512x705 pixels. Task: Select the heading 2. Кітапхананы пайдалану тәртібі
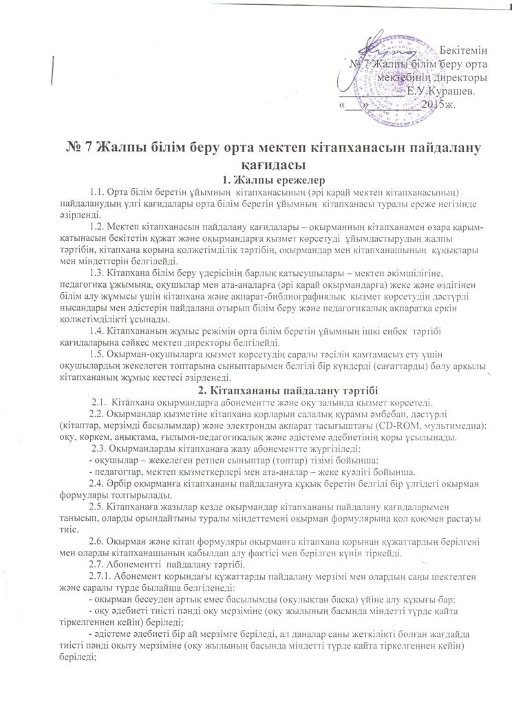point(256,390)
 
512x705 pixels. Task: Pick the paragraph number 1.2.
point(98,228)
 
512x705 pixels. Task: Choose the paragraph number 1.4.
point(98,333)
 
